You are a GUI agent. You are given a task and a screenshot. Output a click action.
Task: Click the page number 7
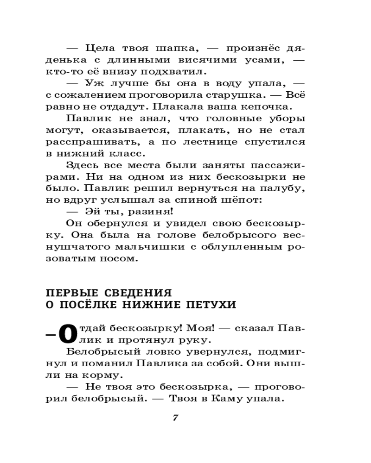pyautogui.click(x=175, y=418)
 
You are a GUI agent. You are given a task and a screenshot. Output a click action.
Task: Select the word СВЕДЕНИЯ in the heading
pyautogui.click(x=134, y=293)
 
